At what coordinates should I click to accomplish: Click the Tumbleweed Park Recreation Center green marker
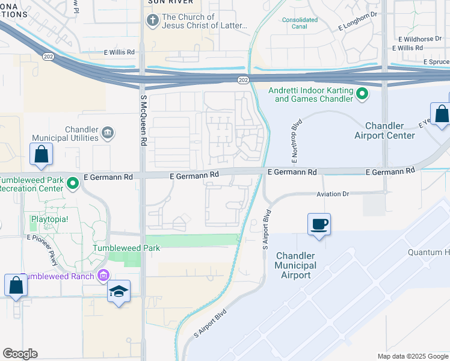(73, 182)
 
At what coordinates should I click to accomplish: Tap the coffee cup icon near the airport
(319, 224)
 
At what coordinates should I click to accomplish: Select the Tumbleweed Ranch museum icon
(103, 276)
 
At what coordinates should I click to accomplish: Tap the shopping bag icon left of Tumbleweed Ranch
(16, 285)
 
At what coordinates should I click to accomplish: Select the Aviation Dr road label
(333, 194)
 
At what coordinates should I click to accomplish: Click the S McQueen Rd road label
(143, 120)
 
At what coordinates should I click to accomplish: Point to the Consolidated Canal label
(300, 23)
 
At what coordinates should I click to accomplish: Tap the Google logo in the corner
(20, 353)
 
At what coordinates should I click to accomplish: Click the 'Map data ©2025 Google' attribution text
(412, 356)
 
